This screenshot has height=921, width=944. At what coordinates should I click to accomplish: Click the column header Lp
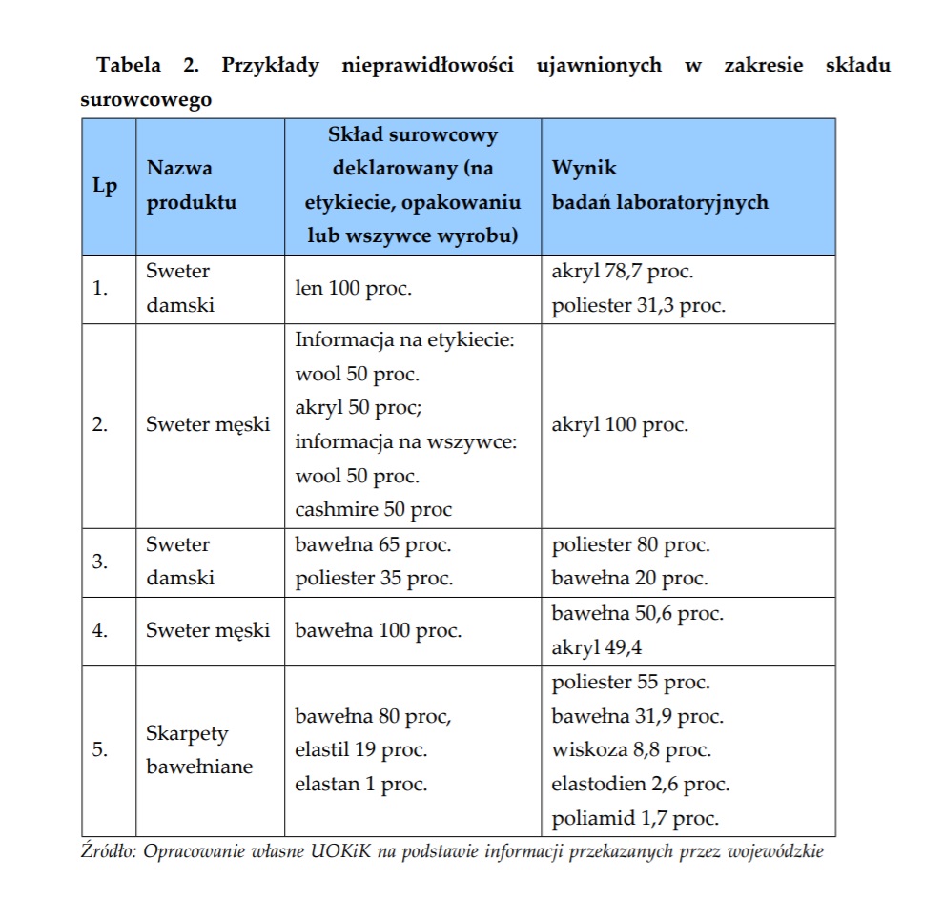click(x=105, y=186)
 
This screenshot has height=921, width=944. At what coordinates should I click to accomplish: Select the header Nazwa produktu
click(x=191, y=185)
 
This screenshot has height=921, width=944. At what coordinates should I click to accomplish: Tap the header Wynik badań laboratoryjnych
click(x=660, y=185)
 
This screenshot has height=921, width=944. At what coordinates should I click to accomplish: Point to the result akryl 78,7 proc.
click(x=622, y=271)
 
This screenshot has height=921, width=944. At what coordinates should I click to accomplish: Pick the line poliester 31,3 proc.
click(x=638, y=305)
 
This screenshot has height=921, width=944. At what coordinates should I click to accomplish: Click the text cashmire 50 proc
click(x=373, y=509)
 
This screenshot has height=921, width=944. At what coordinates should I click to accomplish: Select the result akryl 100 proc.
click(x=619, y=424)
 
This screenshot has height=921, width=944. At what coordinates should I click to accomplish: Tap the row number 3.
click(x=100, y=561)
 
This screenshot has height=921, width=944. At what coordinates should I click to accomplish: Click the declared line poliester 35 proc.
click(x=374, y=578)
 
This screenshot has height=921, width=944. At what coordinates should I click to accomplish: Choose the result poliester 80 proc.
click(x=630, y=544)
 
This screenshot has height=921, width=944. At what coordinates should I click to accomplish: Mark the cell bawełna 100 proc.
click(x=378, y=630)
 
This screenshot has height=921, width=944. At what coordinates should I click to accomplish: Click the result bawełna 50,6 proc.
click(x=637, y=613)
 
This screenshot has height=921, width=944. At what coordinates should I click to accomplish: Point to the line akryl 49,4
click(x=597, y=648)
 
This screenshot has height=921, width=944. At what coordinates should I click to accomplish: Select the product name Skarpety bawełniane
click(x=199, y=749)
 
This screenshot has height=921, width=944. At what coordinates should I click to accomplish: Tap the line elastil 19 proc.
click(x=360, y=749)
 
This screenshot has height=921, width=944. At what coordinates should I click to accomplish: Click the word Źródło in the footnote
click(x=109, y=851)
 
